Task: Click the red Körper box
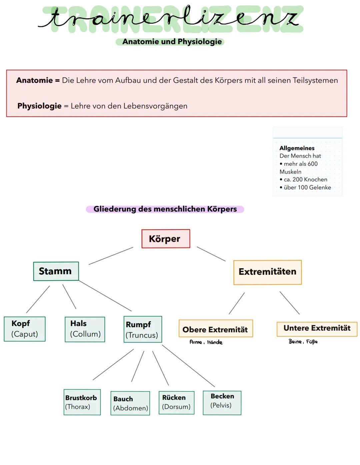[x=166, y=239]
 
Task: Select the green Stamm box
[x=56, y=271]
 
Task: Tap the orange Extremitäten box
[x=267, y=272]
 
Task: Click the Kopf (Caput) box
[x=25, y=329]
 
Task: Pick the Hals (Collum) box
[x=85, y=329]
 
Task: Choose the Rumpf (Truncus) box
[x=143, y=330]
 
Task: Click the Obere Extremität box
[x=215, y=329]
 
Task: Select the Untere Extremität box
[x=317, y=329]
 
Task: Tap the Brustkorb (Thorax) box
[x=82, y=402]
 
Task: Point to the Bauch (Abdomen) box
[x=130, y=403]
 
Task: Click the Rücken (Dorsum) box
[x=176, y=402]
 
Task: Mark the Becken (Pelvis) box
[x=222, y=403]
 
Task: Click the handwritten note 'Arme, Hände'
[x=206, y=342]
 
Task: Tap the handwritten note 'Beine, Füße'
[x=303, y=342]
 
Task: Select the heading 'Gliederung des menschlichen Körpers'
[x=165, y=209]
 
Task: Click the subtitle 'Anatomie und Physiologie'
[x=172, y=42]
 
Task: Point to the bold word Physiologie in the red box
[x=39, y=106]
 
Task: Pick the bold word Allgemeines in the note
[x=297, y=148]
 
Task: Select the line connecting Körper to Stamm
[x=111, y=256]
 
